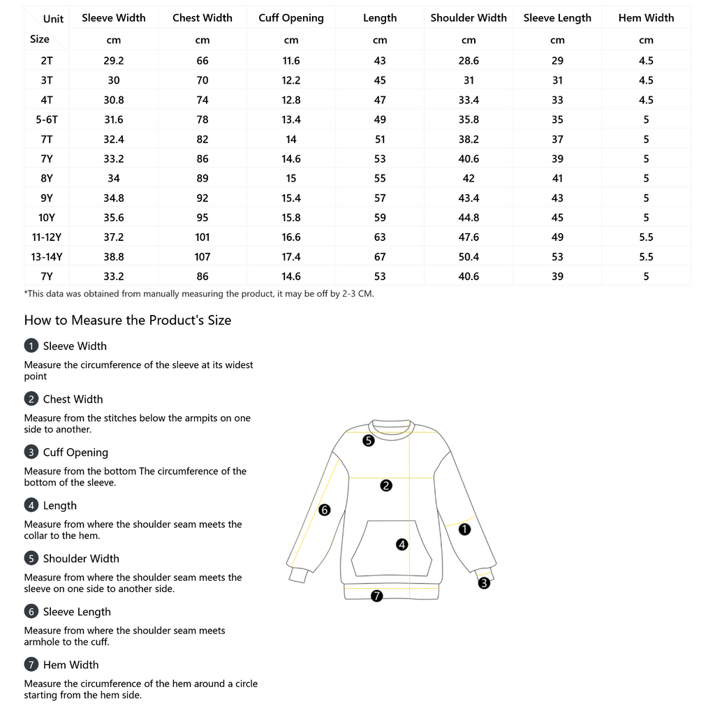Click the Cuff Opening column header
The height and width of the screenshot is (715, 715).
[x=291, y=18]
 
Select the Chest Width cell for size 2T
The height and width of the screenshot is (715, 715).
[x=202, y=61]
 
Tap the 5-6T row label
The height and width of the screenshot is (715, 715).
[x=47, y=119]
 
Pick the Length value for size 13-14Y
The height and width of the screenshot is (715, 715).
[x=380, y=257]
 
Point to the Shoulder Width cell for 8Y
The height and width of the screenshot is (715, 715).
[x=469, y=178]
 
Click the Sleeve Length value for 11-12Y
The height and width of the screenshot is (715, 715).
[x=557, y=237]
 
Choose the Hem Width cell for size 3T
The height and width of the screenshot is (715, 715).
[x=646, y=80]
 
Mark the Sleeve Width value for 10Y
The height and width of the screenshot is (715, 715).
[x=114, y=217]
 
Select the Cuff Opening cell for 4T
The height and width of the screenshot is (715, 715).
[x=291, y=100]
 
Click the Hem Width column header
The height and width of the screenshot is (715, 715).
[x=646, y=18]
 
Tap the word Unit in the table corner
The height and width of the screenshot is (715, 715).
[x=53, y=19]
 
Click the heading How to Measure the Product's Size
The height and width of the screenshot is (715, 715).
[x=128, y=320]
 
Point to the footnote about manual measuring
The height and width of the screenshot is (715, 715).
[x=199, y=294]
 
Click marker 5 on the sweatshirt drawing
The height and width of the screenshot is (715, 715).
[x=369, y=441]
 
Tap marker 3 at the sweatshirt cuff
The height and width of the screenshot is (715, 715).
[x=484, y=583]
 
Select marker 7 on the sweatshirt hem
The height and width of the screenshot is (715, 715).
[x=377, y=596]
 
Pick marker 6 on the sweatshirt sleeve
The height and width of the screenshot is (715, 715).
[x=324, y=510]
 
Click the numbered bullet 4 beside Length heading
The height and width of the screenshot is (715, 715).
[x=31, y=505]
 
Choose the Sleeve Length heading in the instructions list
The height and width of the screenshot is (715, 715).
[x=77, y=612]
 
